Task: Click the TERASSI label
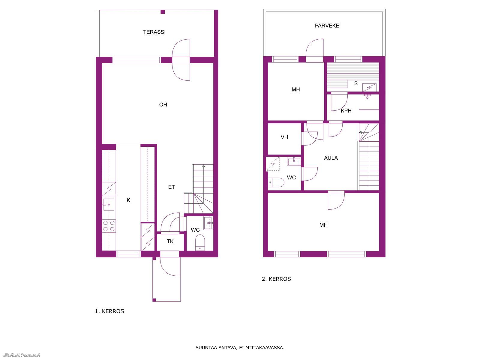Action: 154,32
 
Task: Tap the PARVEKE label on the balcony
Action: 327,25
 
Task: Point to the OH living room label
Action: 163,105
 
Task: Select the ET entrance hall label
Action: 171,187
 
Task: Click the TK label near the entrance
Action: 170,241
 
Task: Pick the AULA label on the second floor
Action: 331,158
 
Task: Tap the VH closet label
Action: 284,137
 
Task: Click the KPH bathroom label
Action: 346,111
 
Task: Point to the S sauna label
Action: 356,83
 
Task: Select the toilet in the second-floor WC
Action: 276,182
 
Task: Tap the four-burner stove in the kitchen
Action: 109,226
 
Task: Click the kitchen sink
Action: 109,204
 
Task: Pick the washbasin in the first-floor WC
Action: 208,223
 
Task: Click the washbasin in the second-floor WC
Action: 294,162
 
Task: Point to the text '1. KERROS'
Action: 109,311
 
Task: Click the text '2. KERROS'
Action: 276,279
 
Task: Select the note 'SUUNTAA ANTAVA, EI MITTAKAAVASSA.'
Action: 240,347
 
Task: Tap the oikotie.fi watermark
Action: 21,355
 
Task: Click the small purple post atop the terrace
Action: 163,12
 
